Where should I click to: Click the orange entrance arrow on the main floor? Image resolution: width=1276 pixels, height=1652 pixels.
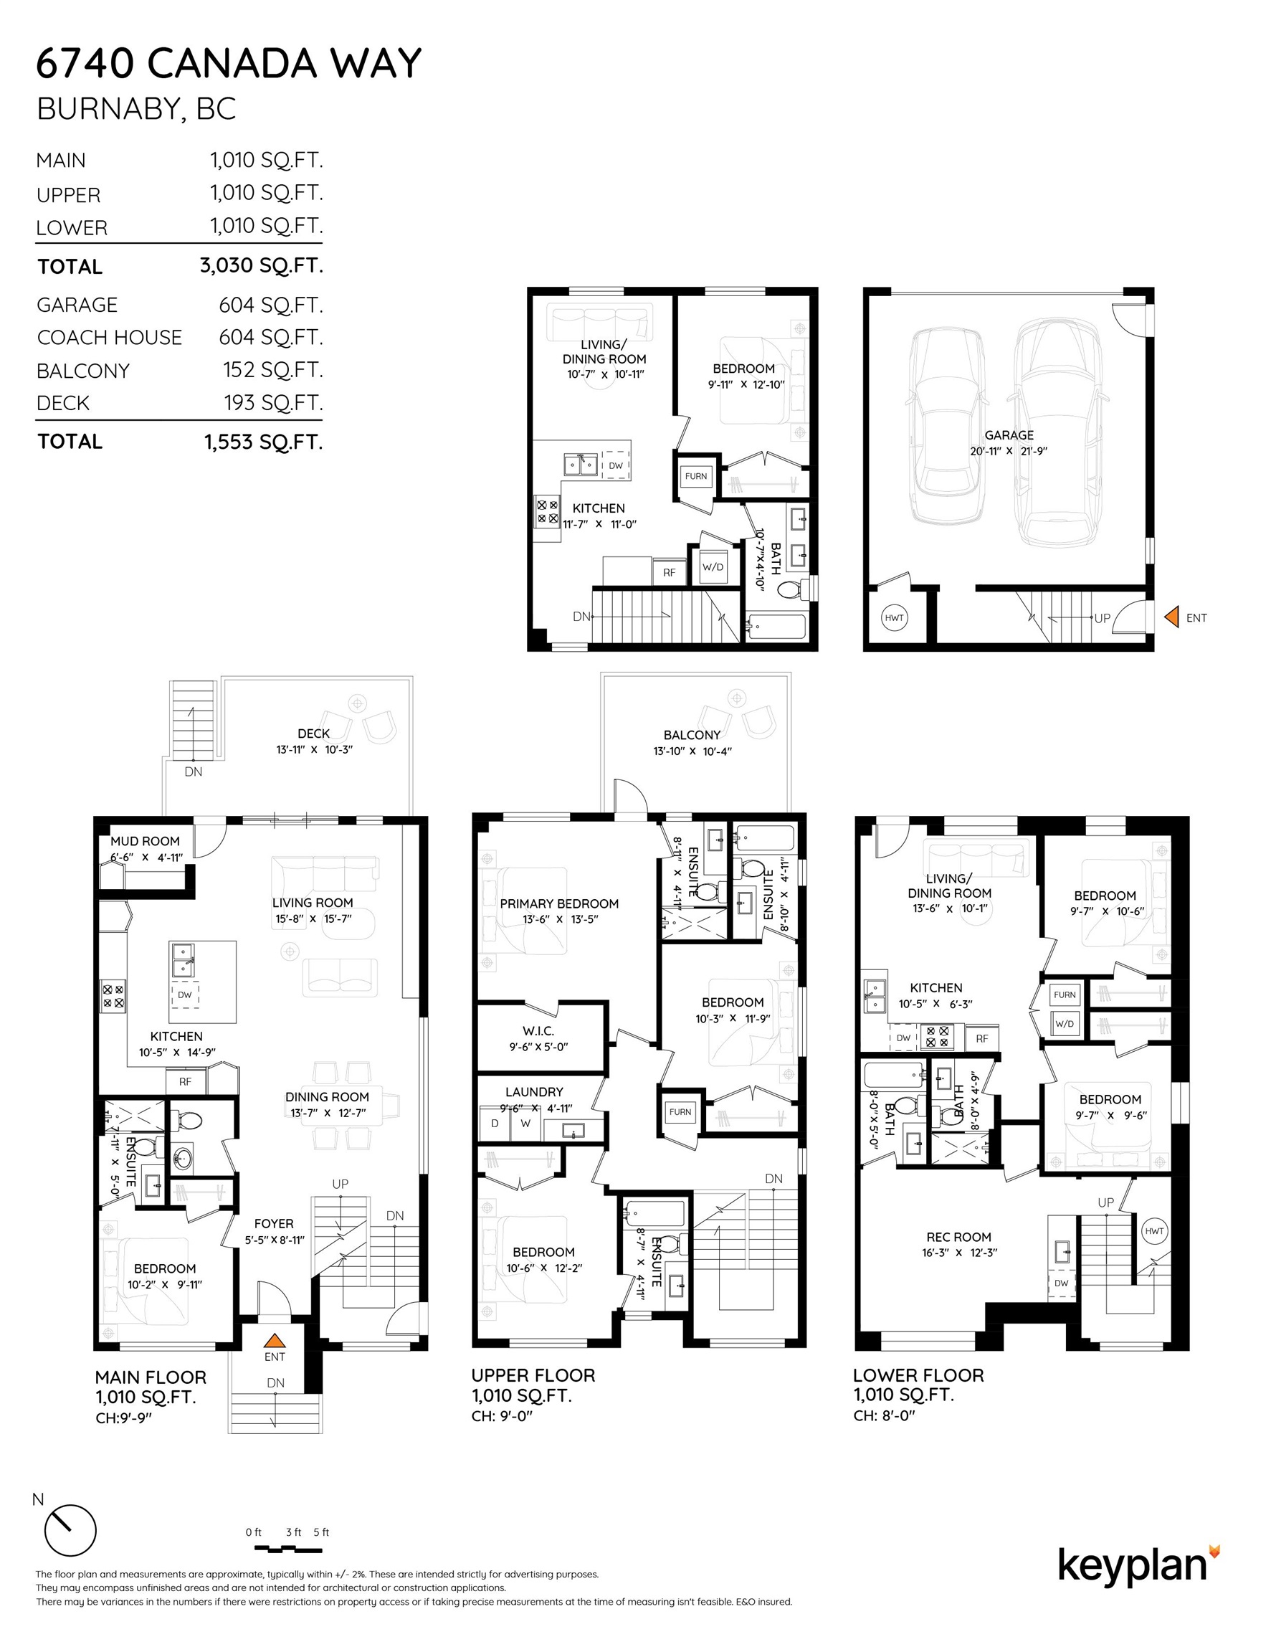pos(274,1340)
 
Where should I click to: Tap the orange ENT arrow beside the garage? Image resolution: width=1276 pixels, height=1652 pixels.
pos(1171,617)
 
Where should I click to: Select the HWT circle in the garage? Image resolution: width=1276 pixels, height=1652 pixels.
pos(894,618)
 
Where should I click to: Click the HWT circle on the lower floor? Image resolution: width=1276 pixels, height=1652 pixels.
pos(1154,1230)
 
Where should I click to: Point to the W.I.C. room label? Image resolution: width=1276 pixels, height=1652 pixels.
pos(538,1031)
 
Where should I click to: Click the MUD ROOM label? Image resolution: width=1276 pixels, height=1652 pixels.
pos(146,841)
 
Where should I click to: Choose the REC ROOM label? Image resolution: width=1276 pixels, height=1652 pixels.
pos(958,1237)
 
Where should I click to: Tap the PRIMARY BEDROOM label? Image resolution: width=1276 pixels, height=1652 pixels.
pos(559,903)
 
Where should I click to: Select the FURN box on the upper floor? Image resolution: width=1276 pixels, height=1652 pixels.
pos(680,1111)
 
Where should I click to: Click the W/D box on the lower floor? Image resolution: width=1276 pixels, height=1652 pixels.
pos(1065,1023)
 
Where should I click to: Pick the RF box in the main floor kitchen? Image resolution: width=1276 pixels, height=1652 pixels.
pos(186,1082)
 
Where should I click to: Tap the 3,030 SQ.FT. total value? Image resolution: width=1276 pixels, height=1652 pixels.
pos(261,265)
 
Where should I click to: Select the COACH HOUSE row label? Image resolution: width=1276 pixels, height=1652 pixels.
pos(110,338)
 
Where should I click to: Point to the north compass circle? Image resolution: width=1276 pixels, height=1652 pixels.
pos(70,1530)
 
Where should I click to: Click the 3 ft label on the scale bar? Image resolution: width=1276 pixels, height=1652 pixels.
pos(293,1532)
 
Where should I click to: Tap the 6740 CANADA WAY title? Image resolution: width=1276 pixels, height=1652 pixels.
pos(229,63)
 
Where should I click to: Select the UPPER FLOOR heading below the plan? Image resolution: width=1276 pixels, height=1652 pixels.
pos(533,1375)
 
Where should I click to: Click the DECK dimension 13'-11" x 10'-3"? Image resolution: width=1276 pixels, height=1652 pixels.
pos(314,749)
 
